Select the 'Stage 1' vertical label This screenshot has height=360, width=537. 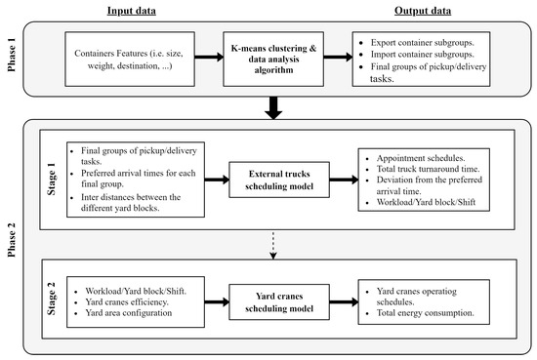click(x=51, y=180)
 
